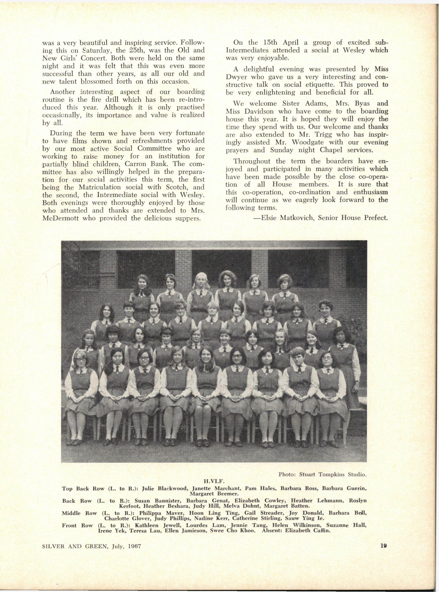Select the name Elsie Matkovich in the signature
[287, 218]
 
